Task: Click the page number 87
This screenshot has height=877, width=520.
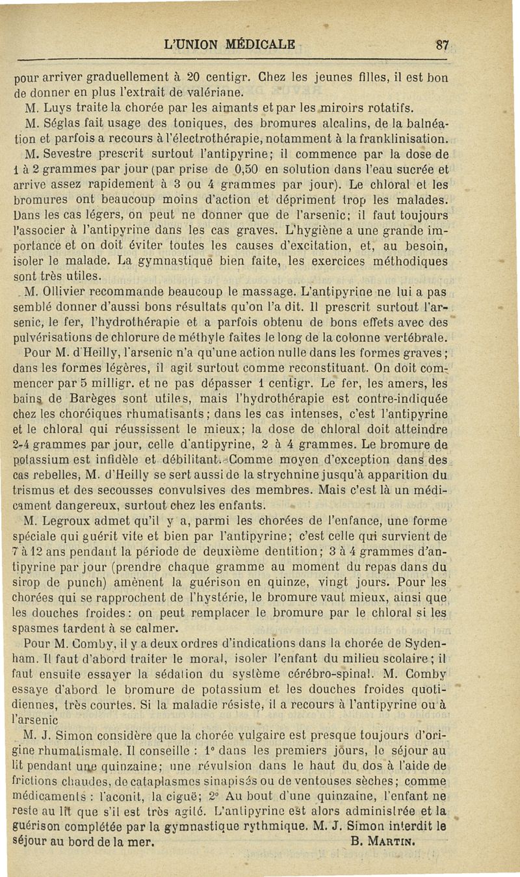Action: [x=443, y=46]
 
